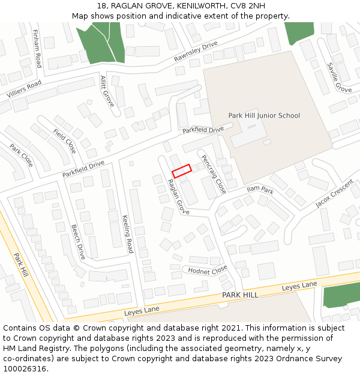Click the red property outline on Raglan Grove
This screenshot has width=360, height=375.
(x=181, y=171)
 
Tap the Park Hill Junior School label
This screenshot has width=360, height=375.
(x=264, y=115)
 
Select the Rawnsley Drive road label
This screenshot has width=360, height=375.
(x=196, y=52)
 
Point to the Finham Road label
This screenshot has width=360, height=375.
(x=37, y=48)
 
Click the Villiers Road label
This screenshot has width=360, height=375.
(x=24, y=89)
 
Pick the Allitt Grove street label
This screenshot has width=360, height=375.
(x=107, y=91)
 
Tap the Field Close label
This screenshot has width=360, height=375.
(x=64, y=140)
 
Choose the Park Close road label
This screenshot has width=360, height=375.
(x=22, y=155)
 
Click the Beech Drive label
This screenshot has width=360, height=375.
(x=78, y=241)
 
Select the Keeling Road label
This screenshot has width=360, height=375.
(x=127, y=233)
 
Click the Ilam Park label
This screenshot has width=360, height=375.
(x=259, y=191)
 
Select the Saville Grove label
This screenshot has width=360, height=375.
(x=339, y=77)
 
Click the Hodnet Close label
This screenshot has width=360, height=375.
(x=208, y=269)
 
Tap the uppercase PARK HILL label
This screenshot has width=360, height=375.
(x=240, y=295)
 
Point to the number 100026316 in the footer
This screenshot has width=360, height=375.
(x=25, y=368)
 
